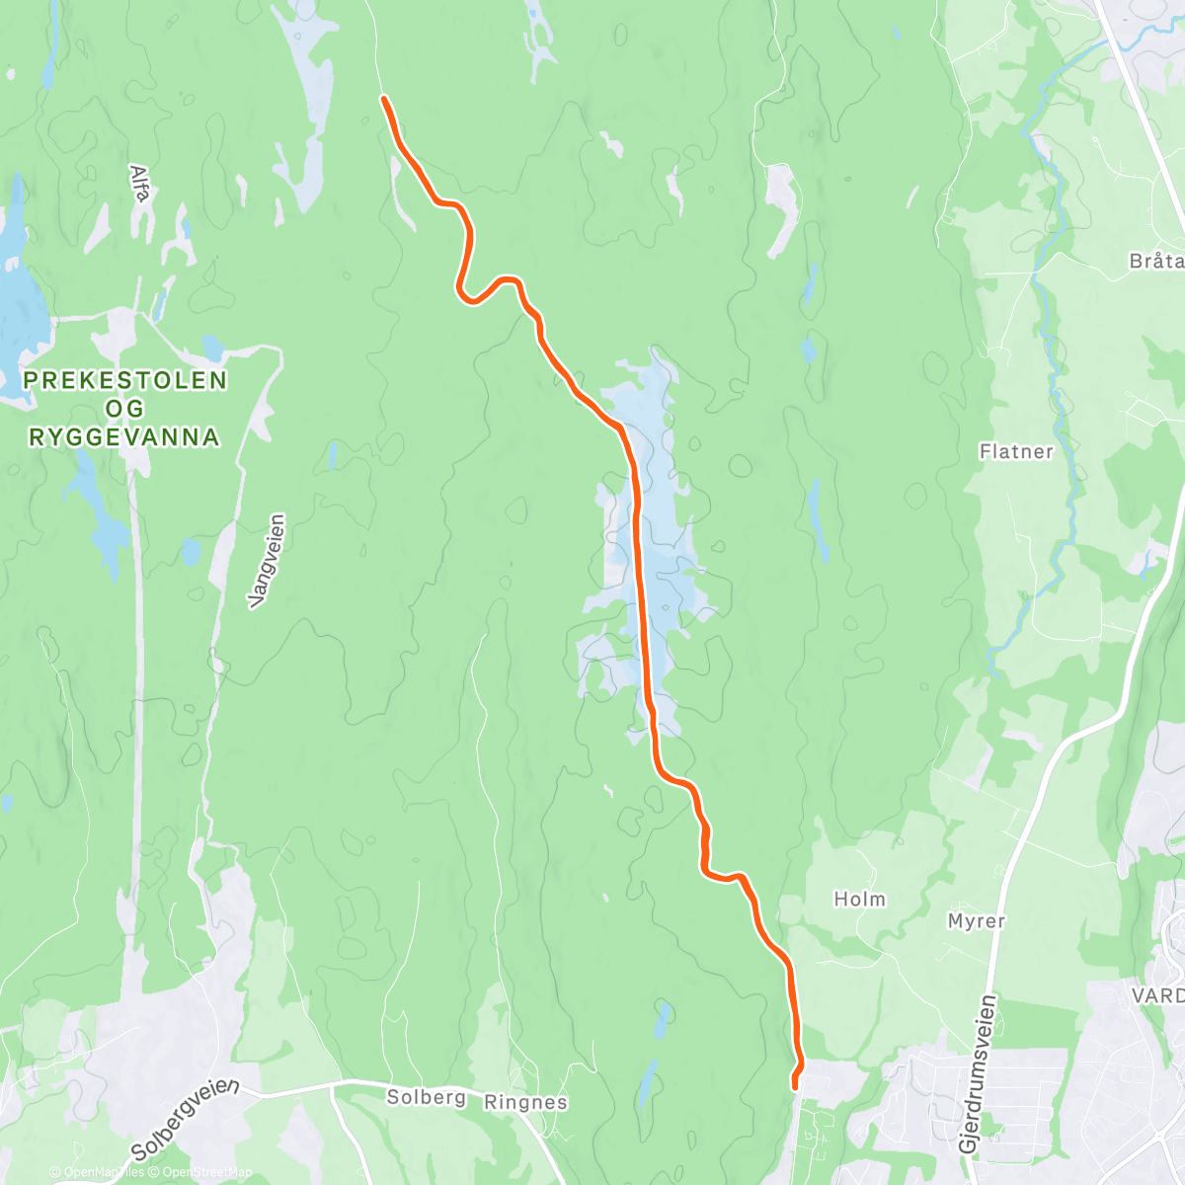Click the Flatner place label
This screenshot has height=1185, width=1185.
(x=1016, y=452)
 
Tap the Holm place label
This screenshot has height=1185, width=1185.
(x=860, y=900)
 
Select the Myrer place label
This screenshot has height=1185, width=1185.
(x=976, y=921)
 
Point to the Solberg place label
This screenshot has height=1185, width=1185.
(x=426, y=1097)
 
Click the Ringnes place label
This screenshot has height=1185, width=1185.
(x=525, y=1102)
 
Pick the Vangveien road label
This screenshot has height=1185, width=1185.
(x=268, y=560)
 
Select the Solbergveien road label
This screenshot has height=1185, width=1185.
(x=185, y=1120)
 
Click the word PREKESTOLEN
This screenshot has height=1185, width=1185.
(x=125, y=380)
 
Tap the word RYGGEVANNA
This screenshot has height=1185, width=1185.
(x=124, y=437)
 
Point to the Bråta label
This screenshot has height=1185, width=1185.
(x=1156, y=262)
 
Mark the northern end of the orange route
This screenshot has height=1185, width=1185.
(x=383, y=98)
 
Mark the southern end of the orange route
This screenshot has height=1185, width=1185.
(x=795, y=1086)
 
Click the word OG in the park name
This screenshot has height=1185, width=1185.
(x=125, y=409)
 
